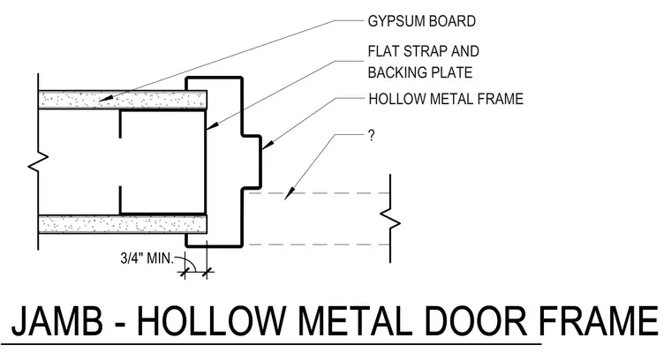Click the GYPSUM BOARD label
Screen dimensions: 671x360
pyautogui.click(x=421, y=21)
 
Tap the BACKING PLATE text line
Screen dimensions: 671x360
pyautogui.click(x=419, y=72)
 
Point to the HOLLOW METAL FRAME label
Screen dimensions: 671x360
pyautogui.click(x=446, y=99)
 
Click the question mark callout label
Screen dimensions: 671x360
pyautogui.click(x=371, y=136)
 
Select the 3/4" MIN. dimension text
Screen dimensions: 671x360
pyautogui.click(x=147, y=259)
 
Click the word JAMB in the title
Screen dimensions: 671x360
pyautogui.click(x=57, y=320)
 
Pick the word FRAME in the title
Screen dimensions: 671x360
pyautogui.click(x=599, y=320)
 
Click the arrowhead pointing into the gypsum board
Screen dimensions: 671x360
pyautogui.click(x=107, y=99)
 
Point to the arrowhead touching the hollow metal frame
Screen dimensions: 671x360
pyautogui.click(x=267, y=146)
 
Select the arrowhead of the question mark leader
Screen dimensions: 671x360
pyautogui.click(x=290, y=193)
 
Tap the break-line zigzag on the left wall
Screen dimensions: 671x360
pyautogui.click(x=39, y=162)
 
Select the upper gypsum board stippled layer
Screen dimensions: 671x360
pyautogui.click(x=123, y=100)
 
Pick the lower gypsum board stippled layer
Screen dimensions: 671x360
pyautogui.click(x=123, y=224)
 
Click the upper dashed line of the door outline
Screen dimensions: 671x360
pyautogui.click(x=320, y=193)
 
